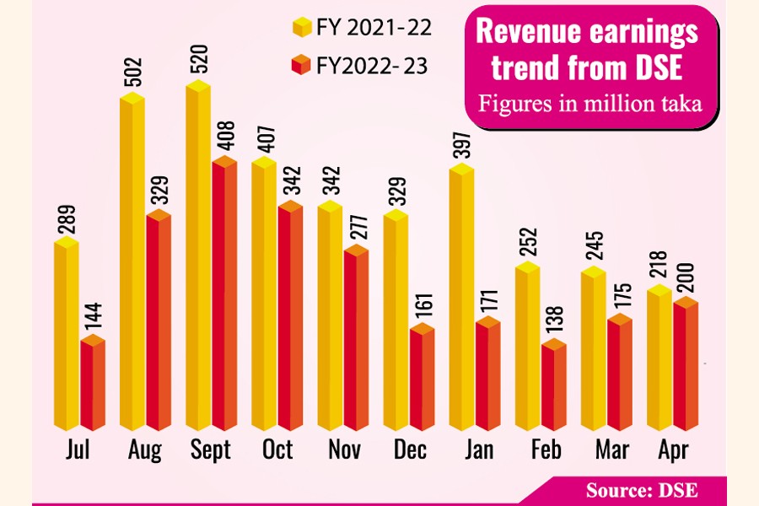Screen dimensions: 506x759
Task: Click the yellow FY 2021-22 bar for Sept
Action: pos(198,261)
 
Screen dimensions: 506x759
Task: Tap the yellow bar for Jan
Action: pos(460,299)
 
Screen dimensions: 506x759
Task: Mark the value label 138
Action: pos(554,320)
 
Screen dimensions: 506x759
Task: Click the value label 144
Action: pos(94,315)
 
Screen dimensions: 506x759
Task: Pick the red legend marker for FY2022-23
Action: pos(300,65)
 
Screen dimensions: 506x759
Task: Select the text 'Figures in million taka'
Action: pos(587,105)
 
